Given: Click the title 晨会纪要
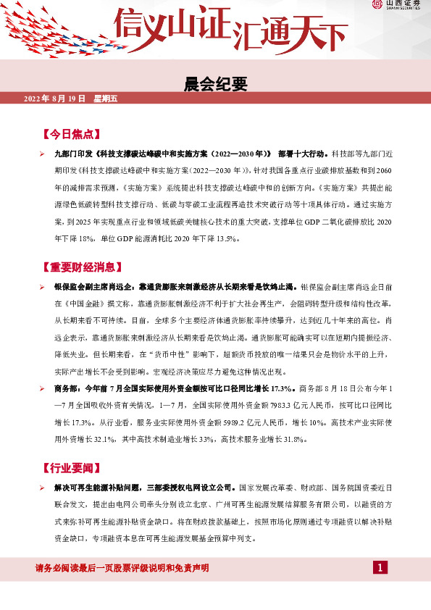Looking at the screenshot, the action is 217,84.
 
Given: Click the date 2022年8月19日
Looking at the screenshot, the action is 55,99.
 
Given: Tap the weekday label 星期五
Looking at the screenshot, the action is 106,99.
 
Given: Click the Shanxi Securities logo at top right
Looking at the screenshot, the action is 398,6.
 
